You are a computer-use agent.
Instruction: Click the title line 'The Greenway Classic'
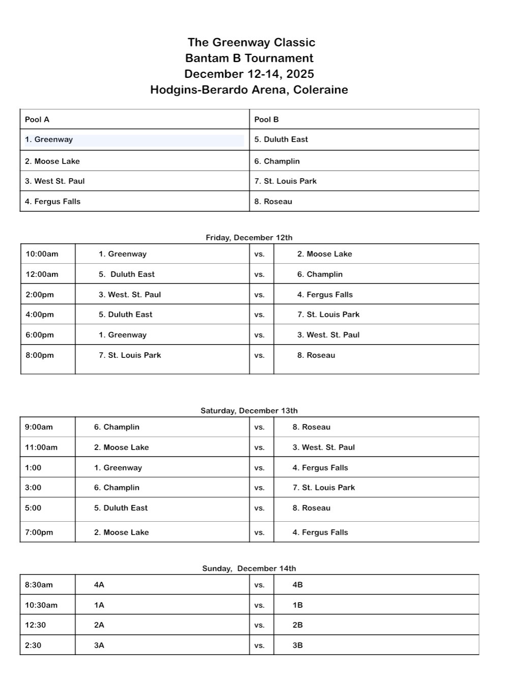click(251, 42)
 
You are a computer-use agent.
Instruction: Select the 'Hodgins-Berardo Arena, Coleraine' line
click(249, 90)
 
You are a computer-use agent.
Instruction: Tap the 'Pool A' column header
click(37, 120)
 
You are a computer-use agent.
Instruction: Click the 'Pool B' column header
click(266, 120)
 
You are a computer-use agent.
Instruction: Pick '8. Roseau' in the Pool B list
click(273, 202)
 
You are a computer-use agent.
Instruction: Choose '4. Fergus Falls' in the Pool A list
click(52, 202)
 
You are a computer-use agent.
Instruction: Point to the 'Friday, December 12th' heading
click(249, 237)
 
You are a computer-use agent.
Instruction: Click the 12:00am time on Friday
click(42, 274)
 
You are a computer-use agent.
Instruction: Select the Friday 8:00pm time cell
click(40, 355)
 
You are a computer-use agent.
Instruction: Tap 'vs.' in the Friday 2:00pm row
click(259, 295)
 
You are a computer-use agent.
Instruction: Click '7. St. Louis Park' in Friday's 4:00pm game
click(328, 315)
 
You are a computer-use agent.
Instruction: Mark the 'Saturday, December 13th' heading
click(249, 410)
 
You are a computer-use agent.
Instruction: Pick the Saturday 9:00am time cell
click(39, 427)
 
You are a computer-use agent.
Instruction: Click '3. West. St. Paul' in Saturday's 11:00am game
click(323, 447)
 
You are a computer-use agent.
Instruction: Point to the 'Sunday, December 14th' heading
click(249, 568)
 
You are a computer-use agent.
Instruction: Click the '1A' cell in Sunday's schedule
click(99, 605)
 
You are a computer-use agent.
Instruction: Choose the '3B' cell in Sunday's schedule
click(298, 645)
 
